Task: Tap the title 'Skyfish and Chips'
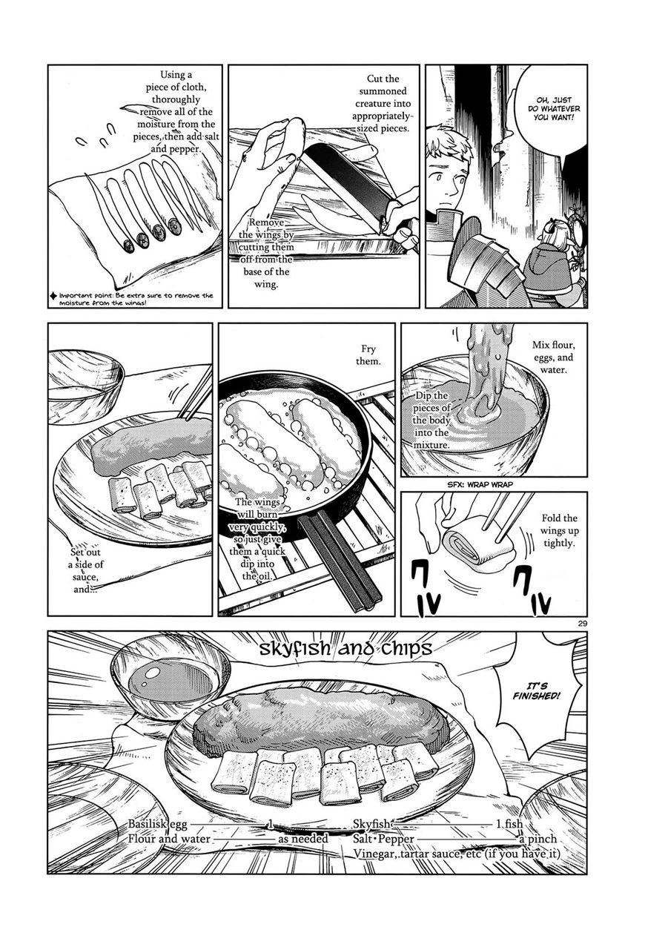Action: [x=345, y=648]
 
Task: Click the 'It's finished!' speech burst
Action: [x=536, y=690]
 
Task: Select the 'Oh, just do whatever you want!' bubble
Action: [x=552, y=108]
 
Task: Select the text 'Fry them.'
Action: [x=368, y=355]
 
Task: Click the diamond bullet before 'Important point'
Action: [x=53, y=296]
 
